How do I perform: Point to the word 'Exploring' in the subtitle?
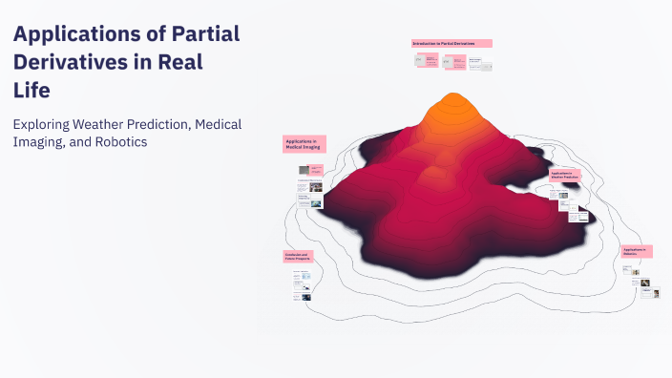click(x=47, y=125)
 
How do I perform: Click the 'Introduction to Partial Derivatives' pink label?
click(x=451, y=44)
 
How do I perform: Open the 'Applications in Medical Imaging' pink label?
click(x=304, y=144)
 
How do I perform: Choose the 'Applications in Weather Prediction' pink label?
click(x=565, y=177)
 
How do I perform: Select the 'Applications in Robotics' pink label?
click(x=636, y=251)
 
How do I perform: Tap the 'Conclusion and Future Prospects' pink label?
click(x=301, y=257)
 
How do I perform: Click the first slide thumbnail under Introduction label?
click(x=419, y=59)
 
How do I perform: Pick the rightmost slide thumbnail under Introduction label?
click(x=486, y=67)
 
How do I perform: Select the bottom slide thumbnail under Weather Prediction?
click(x=577, y=217)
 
